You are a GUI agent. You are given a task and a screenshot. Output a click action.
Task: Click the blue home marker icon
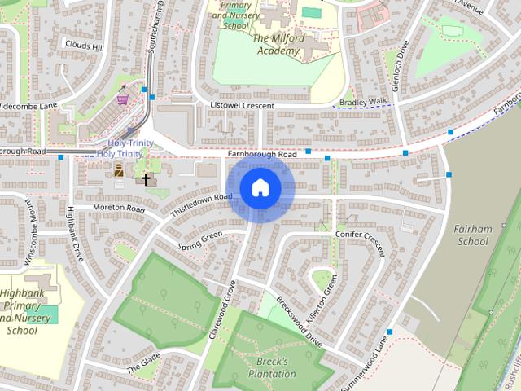(x=260, y=188)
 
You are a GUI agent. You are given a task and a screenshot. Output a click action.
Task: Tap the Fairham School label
(x=473, y=235)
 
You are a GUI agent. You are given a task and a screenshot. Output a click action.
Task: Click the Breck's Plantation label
(x=272, y=367)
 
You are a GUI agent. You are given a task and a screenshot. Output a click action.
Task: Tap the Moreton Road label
(x=118, y=209)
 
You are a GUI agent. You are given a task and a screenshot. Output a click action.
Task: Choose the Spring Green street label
(x=199, y=241)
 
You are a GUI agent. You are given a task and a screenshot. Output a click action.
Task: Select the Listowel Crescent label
(x=243, y=106)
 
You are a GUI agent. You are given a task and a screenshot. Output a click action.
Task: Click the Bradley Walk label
(x=363, y=101)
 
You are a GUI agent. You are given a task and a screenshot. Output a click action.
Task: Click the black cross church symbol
(x=147, y=179)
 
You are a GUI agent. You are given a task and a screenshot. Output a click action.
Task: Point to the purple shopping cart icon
(x=123, y=99)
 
